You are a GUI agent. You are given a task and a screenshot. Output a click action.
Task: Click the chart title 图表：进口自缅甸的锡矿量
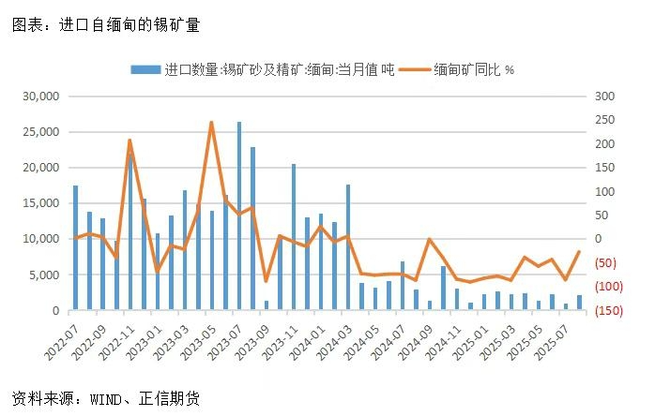click(105, 25)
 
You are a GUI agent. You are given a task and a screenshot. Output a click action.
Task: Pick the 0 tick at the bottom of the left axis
click(55, 311)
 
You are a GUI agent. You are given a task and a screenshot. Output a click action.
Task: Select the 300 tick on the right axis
click(603, 97)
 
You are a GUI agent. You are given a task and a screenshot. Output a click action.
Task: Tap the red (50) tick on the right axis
click(606, 263)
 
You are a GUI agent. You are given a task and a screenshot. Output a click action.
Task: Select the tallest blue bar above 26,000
click(239, 215)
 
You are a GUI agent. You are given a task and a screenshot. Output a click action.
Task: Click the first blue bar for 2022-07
click(75, 248)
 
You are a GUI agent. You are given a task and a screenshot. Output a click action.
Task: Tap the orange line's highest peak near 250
click(211, 123)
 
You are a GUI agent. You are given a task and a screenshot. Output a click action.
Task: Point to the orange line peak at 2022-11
click(129, 141)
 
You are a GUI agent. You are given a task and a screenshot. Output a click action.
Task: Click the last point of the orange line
click(579, 252)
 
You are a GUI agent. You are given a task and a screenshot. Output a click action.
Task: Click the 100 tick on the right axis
click(603, 192)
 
